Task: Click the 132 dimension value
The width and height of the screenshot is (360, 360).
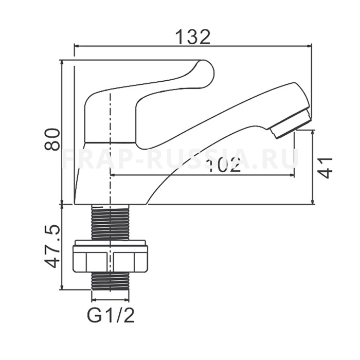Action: click(193, 37)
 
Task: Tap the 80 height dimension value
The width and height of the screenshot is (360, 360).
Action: click(52, 139)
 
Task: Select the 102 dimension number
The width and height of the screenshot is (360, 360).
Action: click(223, 165)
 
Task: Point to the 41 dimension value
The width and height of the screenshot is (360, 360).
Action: click(326, 168)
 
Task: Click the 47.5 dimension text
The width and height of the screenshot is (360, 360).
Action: click(52, 246)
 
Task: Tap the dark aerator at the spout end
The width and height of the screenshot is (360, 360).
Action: click(291, 124)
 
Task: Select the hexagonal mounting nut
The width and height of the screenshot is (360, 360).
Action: click(111, 256)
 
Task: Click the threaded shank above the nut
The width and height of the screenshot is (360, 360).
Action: click(111, 221)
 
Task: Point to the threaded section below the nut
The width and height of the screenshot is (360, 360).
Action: click(111, 280)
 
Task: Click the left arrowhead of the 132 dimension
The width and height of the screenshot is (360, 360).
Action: click(77, 46)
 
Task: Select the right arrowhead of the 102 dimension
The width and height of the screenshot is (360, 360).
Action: click(292, 175)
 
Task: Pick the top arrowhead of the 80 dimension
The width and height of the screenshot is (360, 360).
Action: click(62, 63)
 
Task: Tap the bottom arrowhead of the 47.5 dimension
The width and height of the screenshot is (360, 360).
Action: click(62, 287)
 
